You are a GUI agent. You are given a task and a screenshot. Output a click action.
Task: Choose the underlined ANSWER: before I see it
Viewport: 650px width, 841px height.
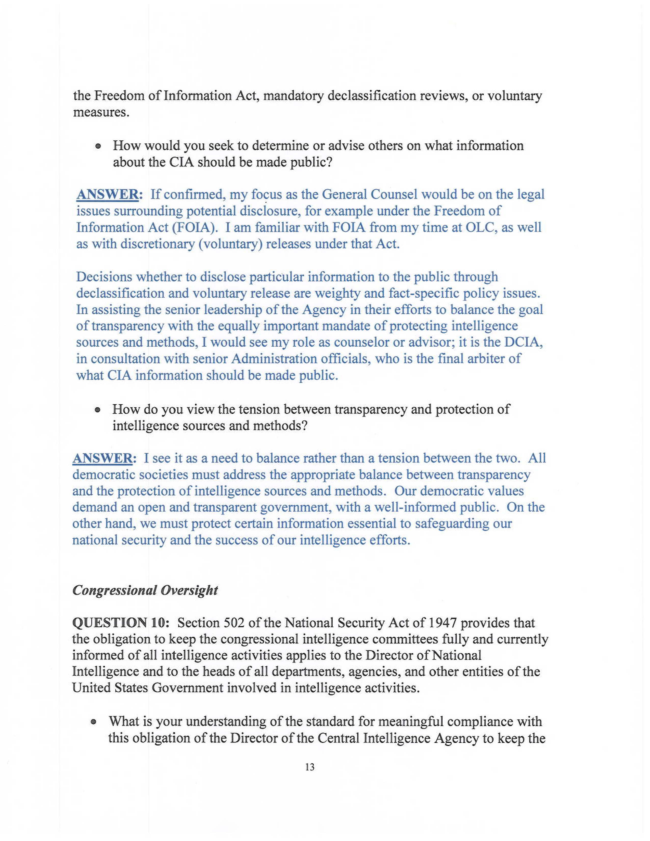104,458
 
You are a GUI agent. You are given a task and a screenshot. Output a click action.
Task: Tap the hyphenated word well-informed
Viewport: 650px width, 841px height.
416,507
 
